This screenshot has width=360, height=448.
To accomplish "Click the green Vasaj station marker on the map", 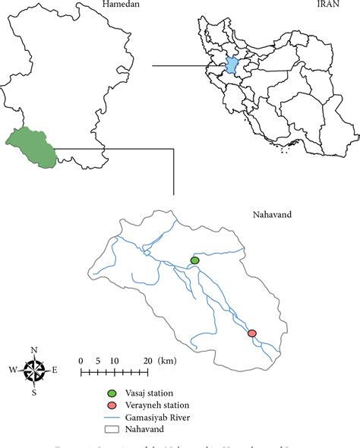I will (x=194, y=260).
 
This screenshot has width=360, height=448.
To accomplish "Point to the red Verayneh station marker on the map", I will (x=252, y=333).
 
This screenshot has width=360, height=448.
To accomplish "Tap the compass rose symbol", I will (x=34, y=371).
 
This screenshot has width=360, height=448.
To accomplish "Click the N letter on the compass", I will (x=34, y=350).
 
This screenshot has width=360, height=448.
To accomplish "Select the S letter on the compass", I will (x=34, y=393).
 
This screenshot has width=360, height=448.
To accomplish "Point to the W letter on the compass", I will (x=13, y=371).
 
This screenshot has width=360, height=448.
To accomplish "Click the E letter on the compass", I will (x=55, y=371).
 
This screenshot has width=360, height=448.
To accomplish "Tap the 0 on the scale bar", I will (x=81, y=361).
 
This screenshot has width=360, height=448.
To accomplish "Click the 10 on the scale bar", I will (x=114, y=361).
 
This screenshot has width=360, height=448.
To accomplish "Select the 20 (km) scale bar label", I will (x=157, y=361).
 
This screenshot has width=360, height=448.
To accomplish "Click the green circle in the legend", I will (x=112, y=393).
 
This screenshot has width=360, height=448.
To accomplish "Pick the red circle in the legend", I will (x=112, y=405).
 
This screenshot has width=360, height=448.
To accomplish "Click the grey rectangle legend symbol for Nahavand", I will (x=112, y=430).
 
